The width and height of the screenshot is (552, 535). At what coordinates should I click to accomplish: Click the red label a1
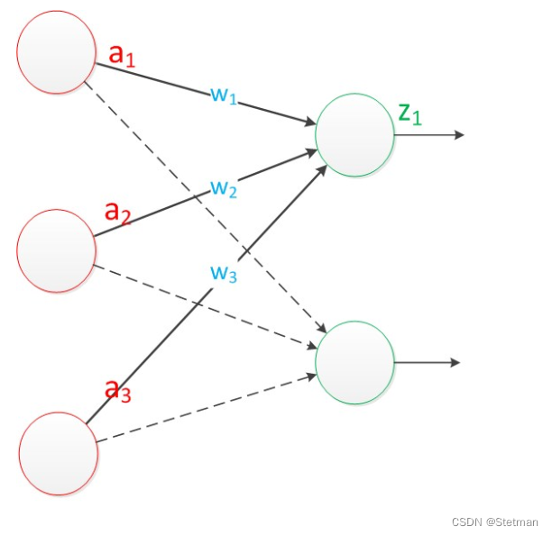122,55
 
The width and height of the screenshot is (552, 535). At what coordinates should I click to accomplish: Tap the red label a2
118,213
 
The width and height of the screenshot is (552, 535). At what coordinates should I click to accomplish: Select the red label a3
118,390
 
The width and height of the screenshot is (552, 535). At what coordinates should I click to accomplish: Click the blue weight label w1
223,95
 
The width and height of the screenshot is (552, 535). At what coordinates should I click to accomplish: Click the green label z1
410,113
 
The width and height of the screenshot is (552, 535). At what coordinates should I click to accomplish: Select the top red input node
57,52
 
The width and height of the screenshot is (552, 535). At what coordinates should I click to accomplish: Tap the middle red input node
57,251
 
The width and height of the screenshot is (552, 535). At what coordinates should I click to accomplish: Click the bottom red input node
59,453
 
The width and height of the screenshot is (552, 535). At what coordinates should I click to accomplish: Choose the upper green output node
354,134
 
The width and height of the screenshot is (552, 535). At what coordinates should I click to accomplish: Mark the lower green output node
354,362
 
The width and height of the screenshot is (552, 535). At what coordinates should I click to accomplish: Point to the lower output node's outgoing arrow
428,362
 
